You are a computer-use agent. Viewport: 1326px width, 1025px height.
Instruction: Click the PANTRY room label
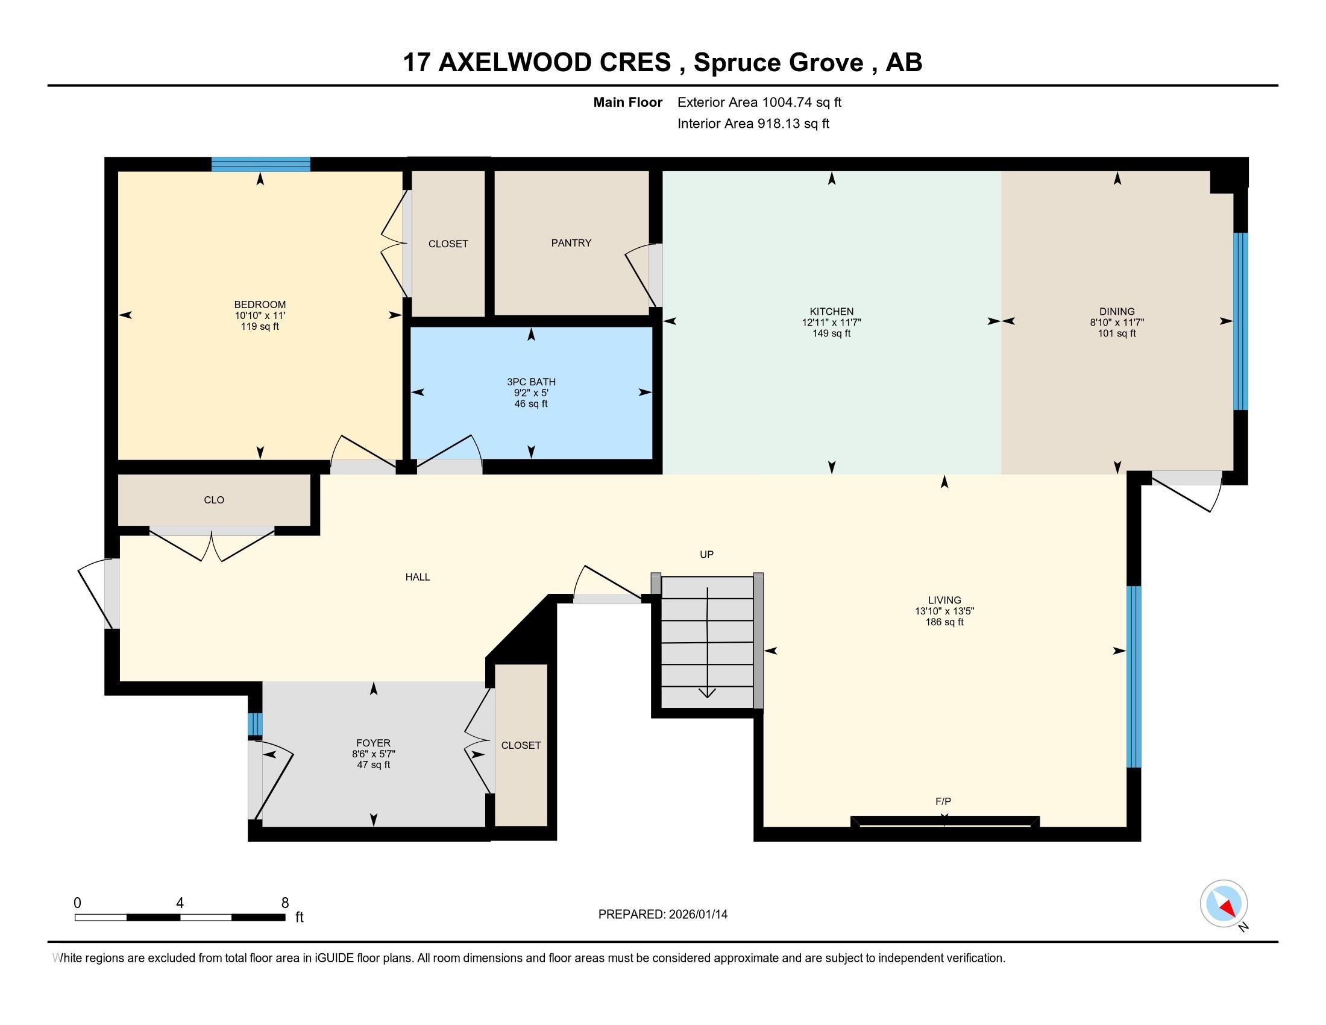[x=571, y=243]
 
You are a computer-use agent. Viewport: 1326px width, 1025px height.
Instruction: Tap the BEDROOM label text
[x=260, y=305]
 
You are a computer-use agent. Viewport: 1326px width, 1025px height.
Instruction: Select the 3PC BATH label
[x=531, y=382]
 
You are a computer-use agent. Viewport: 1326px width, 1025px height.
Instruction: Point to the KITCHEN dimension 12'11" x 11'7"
[x=831, y=323]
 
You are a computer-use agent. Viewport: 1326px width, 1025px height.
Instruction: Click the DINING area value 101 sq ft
[x=1116, y=333]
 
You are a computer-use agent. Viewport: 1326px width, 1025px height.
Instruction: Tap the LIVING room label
[x=944, y=600]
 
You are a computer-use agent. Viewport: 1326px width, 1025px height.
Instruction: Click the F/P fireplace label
[x=943, y=801]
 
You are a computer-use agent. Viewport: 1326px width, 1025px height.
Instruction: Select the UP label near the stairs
[x=706, y=554]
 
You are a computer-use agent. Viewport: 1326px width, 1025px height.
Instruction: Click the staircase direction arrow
[x=708, y=643]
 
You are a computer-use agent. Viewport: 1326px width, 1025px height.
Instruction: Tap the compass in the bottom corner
[x=1224, y=903]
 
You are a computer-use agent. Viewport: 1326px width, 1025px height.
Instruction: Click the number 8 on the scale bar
[x=284, y=903]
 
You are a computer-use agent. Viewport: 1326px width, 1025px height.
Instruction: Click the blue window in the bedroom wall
[x=260, y=164]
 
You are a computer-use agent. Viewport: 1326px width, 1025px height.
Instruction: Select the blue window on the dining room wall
[x=1240, y=321]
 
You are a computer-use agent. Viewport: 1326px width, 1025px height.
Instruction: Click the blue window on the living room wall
[x=1134, y=676]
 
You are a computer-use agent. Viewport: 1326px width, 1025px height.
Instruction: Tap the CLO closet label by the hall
[x=214, y=500]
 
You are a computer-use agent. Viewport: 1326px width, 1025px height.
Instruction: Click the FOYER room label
[x=374, y=743]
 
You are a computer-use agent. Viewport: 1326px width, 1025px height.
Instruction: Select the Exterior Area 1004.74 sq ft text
[x=759, y=102]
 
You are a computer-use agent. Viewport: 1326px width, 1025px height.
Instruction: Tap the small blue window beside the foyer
[x=255, y=724]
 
